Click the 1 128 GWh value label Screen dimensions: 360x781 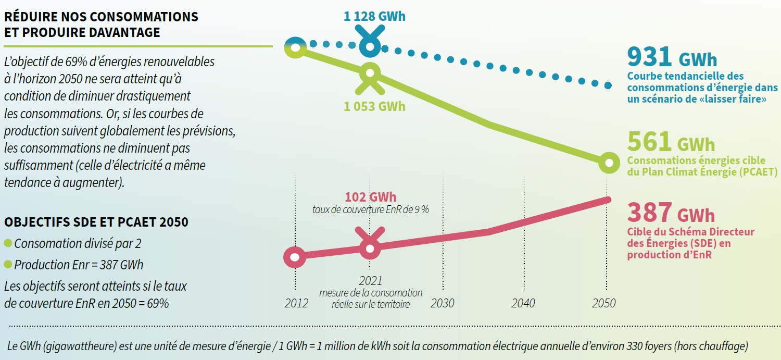[x=374, y=17]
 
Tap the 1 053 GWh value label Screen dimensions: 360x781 [x=374, y=106]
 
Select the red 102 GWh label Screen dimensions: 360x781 [x=370, y=197]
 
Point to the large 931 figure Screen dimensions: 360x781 [x=649, y=56]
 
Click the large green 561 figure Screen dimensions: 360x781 [x=649, y=141]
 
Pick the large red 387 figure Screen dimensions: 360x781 [x=649, y=213]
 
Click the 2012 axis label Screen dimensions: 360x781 [x=296, y=303]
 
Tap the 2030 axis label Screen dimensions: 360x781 [x=443, y=303]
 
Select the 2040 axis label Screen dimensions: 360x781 [x=523, y=303]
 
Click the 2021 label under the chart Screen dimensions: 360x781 [x=370, y=281]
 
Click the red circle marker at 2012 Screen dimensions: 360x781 [x=295, y=257]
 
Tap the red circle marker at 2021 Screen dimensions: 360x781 [x=370, y=249]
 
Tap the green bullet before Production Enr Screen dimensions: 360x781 [x=8, y=265]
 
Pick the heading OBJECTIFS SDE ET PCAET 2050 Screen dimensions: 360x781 [x=96, y=222]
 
